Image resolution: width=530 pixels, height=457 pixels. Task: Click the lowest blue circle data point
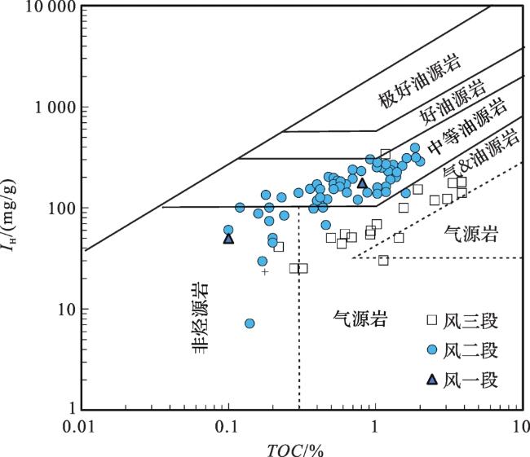(250, 323)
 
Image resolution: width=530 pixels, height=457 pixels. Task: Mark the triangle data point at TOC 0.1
(229, 239)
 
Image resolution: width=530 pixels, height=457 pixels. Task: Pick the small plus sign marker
(264, 271)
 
